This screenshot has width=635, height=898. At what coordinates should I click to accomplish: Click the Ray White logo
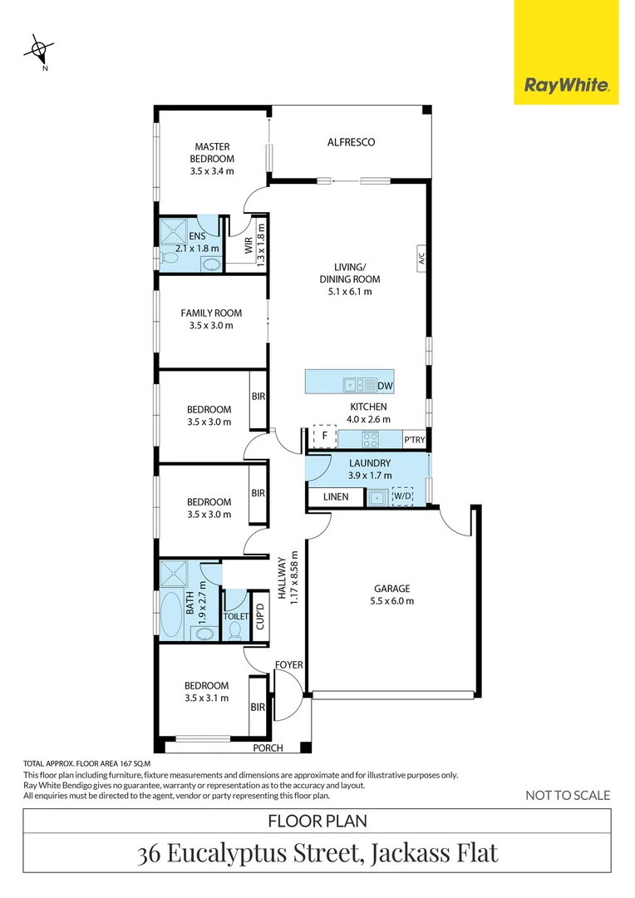click(567, 85)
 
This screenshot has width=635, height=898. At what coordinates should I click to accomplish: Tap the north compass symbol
click(38, 50)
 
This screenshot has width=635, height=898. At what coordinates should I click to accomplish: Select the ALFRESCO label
click(350, 142)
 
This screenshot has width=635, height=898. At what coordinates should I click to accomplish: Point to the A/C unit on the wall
click(421, 259)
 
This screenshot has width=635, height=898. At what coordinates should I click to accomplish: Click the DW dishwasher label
click(384, 386)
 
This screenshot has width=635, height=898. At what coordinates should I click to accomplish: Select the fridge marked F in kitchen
click(324, 436)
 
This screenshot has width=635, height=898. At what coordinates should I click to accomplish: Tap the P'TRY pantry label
click(413, 440)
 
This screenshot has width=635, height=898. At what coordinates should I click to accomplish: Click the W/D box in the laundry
click(401, 497)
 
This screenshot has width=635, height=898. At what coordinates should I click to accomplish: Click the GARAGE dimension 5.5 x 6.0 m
click(391, 600)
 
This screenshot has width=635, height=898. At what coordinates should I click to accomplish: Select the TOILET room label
click(235, 617)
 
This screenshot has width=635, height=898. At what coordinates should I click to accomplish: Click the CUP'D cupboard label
click(260, 615)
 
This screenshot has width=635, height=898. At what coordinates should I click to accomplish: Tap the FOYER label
click(289, 664)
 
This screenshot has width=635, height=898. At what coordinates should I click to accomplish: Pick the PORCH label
click(268, 748)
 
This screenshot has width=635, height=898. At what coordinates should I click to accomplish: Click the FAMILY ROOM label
click(211, 313)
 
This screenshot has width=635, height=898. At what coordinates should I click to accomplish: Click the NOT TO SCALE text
click(568, 796)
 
